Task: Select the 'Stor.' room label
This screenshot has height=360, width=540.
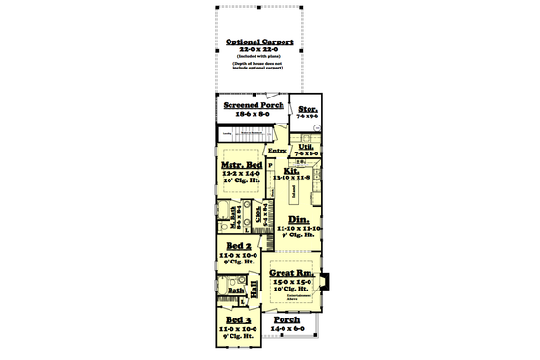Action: [x=309, y=109]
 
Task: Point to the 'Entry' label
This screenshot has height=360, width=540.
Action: [x=278, y=151]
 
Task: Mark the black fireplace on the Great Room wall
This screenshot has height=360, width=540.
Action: [x=326, y=283]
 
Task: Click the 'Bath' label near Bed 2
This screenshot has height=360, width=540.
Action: [x=235, y=289]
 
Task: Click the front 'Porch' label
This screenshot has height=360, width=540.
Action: [x=286, y=319]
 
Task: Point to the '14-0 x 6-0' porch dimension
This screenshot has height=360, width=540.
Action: [x=286, y=329]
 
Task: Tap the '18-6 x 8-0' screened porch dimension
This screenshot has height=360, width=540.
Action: [x=253, y=114]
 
